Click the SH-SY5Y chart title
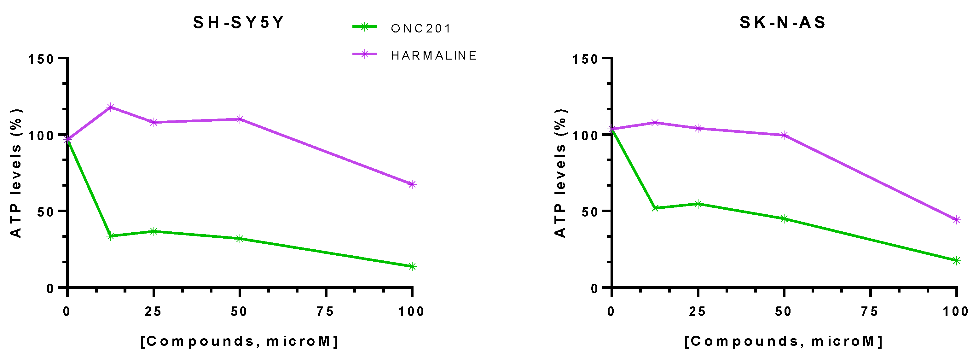(x=238, y=22)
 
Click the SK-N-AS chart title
(x=783, y=22)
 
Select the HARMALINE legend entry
(x=434, y=55)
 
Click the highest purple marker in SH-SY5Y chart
(x=111, y=107)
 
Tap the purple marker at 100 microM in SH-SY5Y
(x=412, y=184)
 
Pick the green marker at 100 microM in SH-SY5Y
(x=412, y=266)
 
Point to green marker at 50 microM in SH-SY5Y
(x=240, y=239)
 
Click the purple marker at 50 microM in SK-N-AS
(x=784, y=135)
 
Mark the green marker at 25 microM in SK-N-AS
(x=698, y=204)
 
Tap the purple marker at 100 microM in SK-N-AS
(x=956, y=220)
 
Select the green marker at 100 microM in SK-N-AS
(x=956, y=260)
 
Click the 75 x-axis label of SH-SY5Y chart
(x=325, y=312)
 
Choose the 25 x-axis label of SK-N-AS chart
(x=698, y=312)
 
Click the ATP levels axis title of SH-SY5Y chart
(x=16, y=173)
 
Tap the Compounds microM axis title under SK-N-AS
(x=784, y=341)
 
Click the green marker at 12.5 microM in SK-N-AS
(x=655, y=208)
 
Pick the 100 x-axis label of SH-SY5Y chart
(x=411, y=312)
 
